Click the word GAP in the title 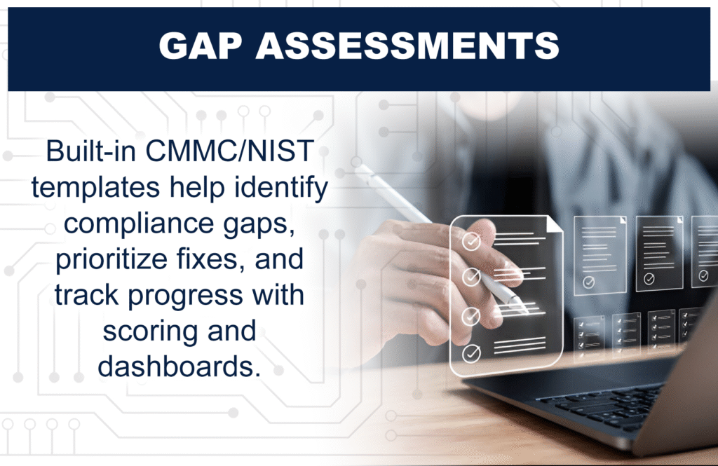point(200,46)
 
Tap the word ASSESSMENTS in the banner point(407,46)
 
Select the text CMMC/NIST point(229,151)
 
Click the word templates point(95,188)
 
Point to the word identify point(281,188)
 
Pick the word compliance point(139,224)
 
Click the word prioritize point(111,259)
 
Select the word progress point(185,296)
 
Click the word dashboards point(179,366)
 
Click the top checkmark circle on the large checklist point(471,241)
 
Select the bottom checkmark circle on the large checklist point(471,353)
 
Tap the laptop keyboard point(600,404)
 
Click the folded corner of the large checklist point(555,224)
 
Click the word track point(87,295)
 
